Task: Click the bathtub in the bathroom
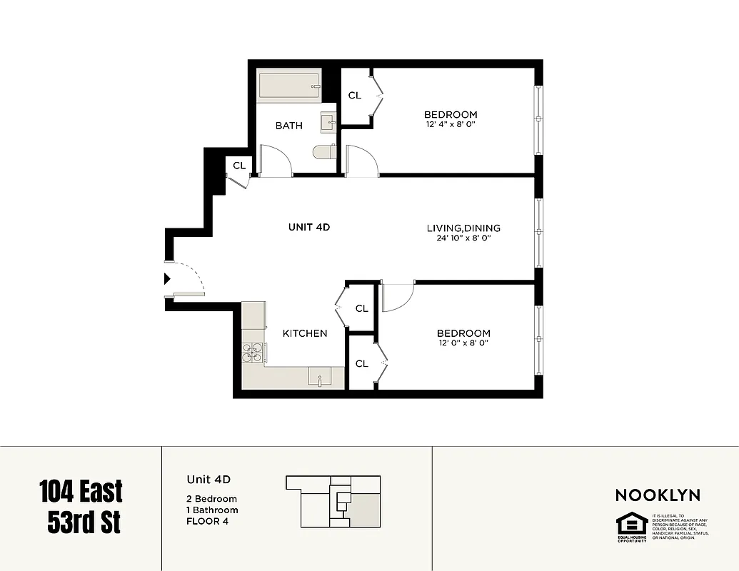pos(289,86)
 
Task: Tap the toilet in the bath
pos(325,152)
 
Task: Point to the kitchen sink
pos(320,377)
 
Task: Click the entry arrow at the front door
pos(168,279)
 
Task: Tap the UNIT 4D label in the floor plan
pos(308,227)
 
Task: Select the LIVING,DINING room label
pos(463,228)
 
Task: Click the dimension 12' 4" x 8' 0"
pos(450,125)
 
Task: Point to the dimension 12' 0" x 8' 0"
pos(463,343)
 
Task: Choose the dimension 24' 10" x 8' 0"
pos(463,238)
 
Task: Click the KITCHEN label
pos(305,333)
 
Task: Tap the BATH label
pos(289,126)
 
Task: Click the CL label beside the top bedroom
pos(354,96)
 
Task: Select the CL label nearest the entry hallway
pos(239,166)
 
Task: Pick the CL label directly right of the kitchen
pos(362,308)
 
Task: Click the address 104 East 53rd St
pos(81,507)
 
